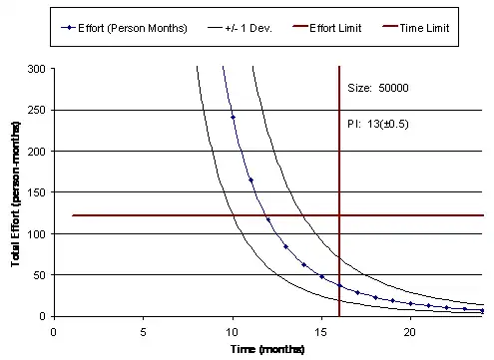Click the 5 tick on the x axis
pyautogui.click(x=145, y=330)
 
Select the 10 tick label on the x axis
pyautogui.click(x=233, y=330)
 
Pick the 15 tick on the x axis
pyautogui.click(x=321, y=330)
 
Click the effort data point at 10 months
pyautogui.click(x=233, y=118)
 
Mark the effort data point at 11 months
pyautogui.click(x=250, y=180)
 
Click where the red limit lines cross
pyautogui.click(x=339, y=215)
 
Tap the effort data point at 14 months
pyautogui.click(x=303, y=264)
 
